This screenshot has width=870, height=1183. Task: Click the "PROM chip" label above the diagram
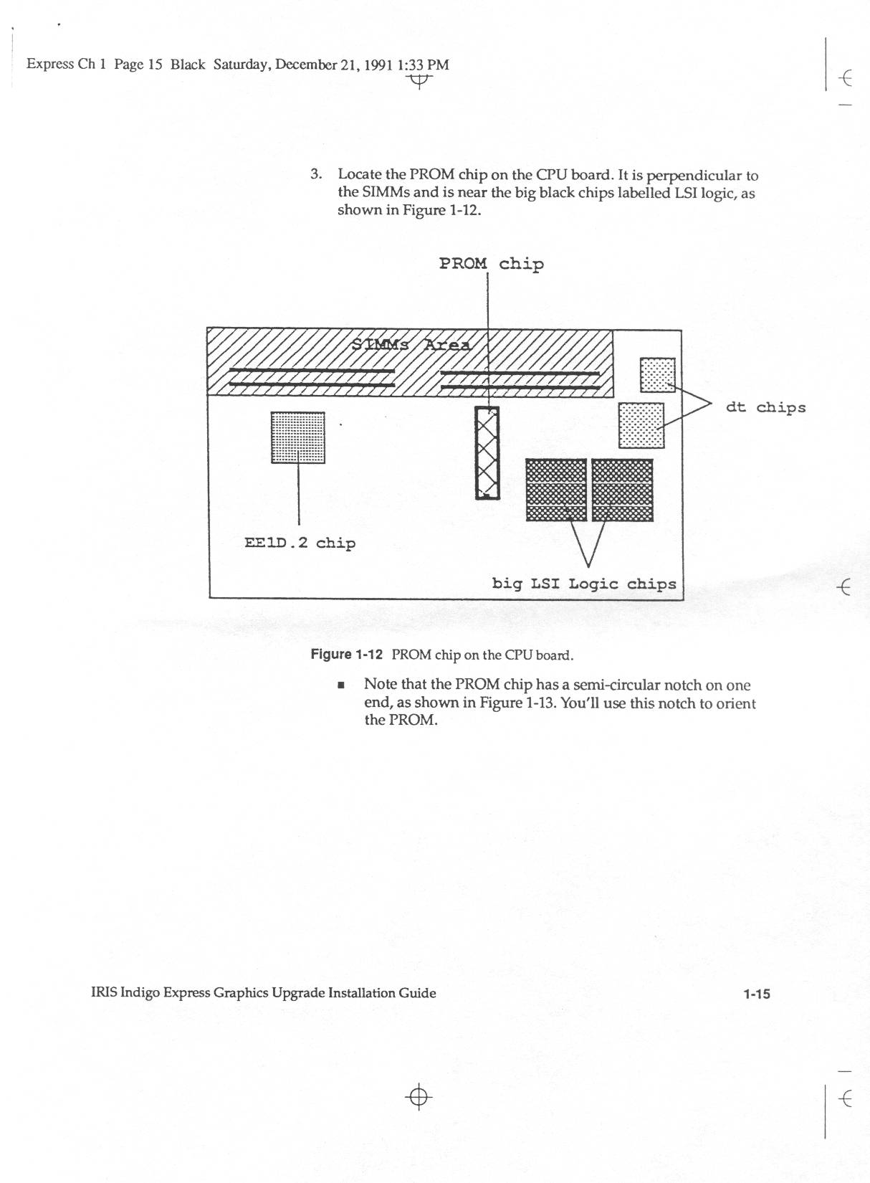[x=491, y=264]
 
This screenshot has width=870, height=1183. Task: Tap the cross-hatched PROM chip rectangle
[x=487, y=452]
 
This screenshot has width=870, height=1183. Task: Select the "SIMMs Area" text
[x=411, y=344]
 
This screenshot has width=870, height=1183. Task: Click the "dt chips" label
[x=765, y=407]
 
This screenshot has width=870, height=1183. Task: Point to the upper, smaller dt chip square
[x=657, y=374]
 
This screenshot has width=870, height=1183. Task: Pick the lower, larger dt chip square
[x=641, y=425]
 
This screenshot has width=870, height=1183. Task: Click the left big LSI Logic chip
[x=556, y=490]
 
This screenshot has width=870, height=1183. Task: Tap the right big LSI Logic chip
[x=623, y=490]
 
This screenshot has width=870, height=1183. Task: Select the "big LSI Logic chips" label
[x=584, y=584]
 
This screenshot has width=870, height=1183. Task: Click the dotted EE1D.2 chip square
[x=297, y=437]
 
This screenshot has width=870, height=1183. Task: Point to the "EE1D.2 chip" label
[x=300, y=543]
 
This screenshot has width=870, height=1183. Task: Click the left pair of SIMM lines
[x=312, y=378]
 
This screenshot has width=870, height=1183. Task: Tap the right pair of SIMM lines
[x=520, y=380]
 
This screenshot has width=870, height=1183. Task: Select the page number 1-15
[x=756, y=994]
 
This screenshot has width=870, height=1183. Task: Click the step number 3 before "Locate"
[x=315, y=174]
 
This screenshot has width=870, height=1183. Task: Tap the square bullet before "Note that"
[x=341, y=685]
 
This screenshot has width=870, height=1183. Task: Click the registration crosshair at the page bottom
[x=419, y=1097]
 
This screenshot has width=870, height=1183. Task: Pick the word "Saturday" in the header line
[x=241, y=65]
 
